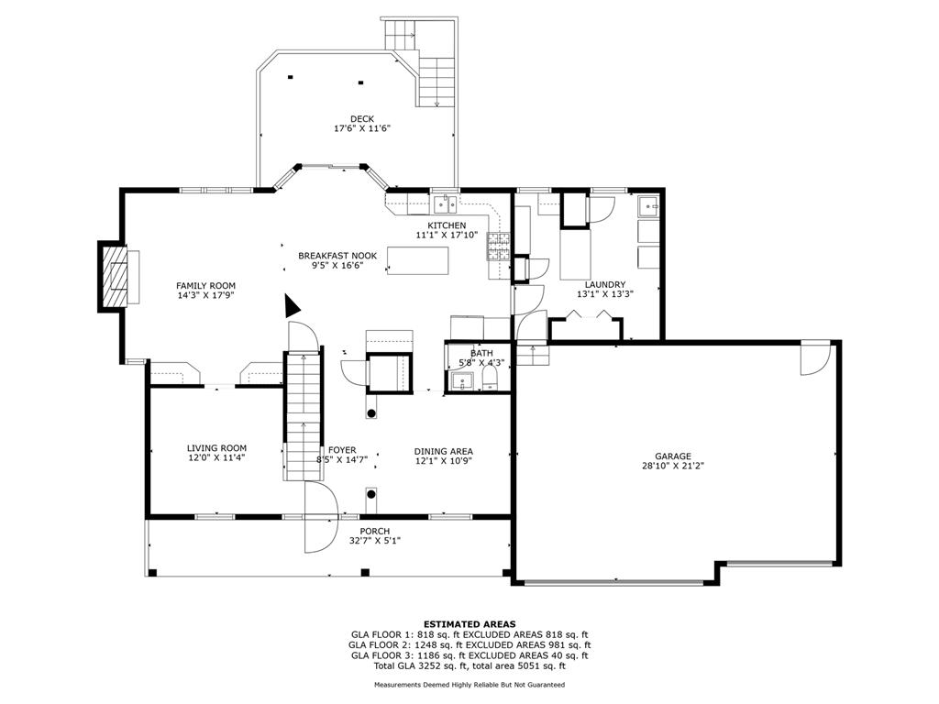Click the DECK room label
[x=362, y=119]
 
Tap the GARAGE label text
[x=672, y=456]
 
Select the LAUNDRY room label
[x=605, y=284]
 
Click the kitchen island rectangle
[x=418, y=260]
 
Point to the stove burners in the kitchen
[x=498, y=246]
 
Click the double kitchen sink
[x=445, y=204]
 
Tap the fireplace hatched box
[x=115, y=276]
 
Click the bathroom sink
[x=462, y=380]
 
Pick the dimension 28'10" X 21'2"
[x=672, y=466]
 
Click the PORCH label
[x=375, y=531]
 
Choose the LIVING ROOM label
[x=216, y=447]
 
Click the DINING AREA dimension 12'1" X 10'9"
[x=444, y=461]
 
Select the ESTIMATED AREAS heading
[x=469, y=623]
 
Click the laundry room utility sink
[x=648, y=206]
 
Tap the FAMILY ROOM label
[x=205, y=286]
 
